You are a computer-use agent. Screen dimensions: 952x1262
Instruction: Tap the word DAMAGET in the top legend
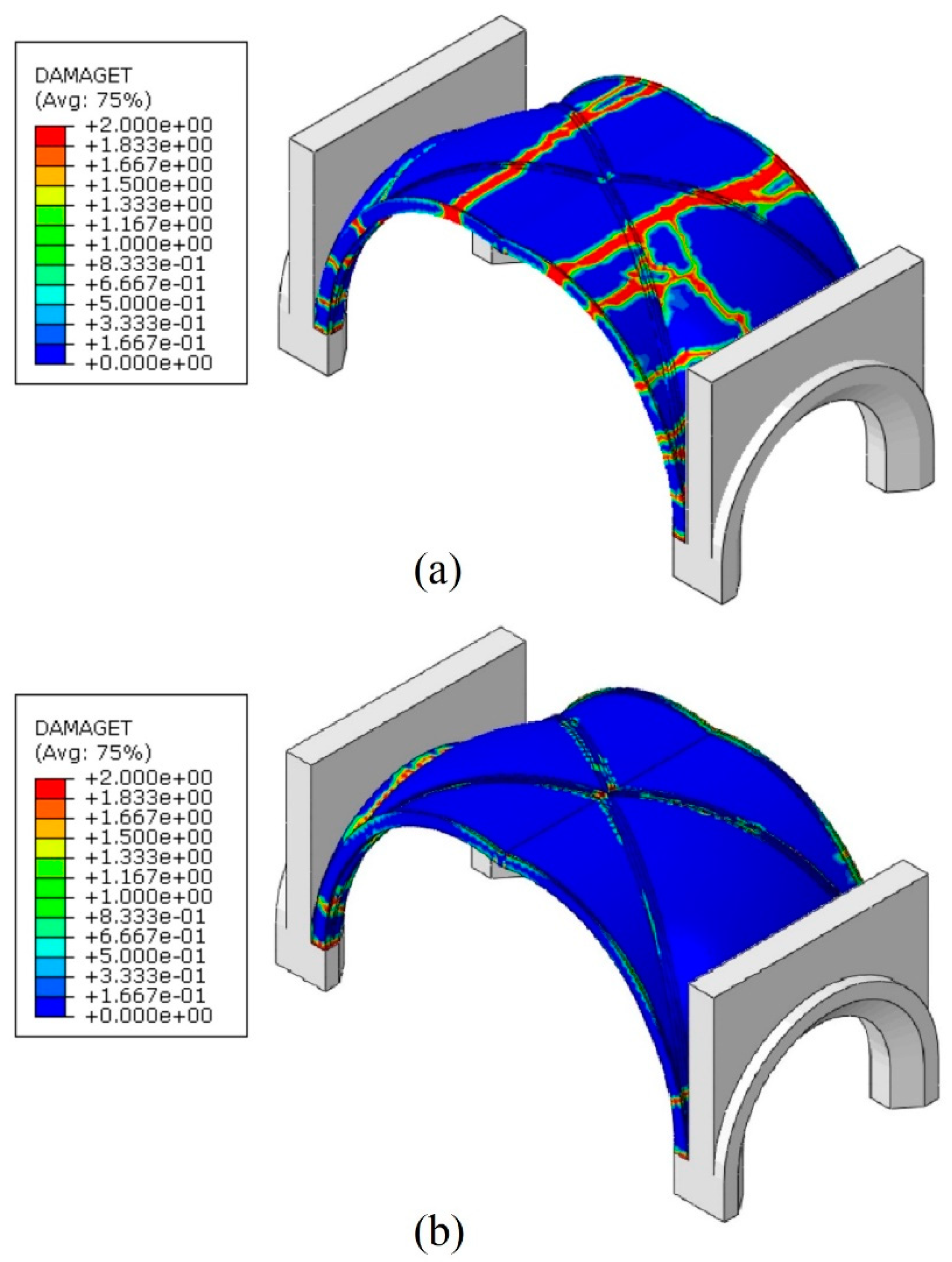pyautogui.click(x=83, y=75)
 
